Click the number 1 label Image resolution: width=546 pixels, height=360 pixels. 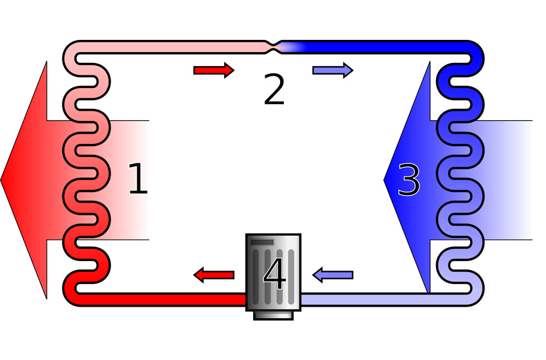[x=138, y=179]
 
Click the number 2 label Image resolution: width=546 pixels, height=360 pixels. [x=274, y=89]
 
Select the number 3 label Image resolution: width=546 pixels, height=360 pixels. [x=409, y=180]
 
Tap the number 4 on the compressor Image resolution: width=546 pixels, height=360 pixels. [x=275, y=274]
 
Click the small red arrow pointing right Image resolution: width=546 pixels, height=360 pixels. [x=214, y=71]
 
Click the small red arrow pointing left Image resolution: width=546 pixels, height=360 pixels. [x=214, y=275]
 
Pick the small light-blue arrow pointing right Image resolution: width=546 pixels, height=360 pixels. [x=333, y=71]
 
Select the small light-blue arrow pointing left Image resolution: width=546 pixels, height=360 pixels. [x=333, y=275]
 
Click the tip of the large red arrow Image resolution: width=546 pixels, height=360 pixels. [x=1, y=180]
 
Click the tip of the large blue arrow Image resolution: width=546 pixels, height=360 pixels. [x=384, y=180]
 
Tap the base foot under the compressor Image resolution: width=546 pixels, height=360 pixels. [x=274, y=316]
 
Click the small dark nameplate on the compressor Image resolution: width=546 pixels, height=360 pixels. [x=262, y=242]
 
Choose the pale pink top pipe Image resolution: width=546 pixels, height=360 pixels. [x=171, y=47]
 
